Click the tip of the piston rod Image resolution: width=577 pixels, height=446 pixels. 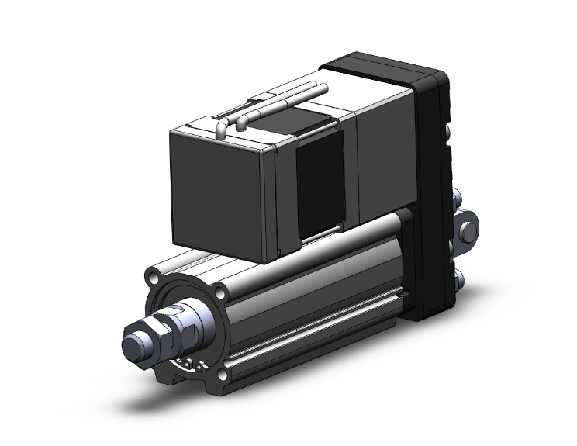click(x=133, y=341)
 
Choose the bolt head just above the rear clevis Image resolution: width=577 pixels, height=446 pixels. click(x=458, y=198)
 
